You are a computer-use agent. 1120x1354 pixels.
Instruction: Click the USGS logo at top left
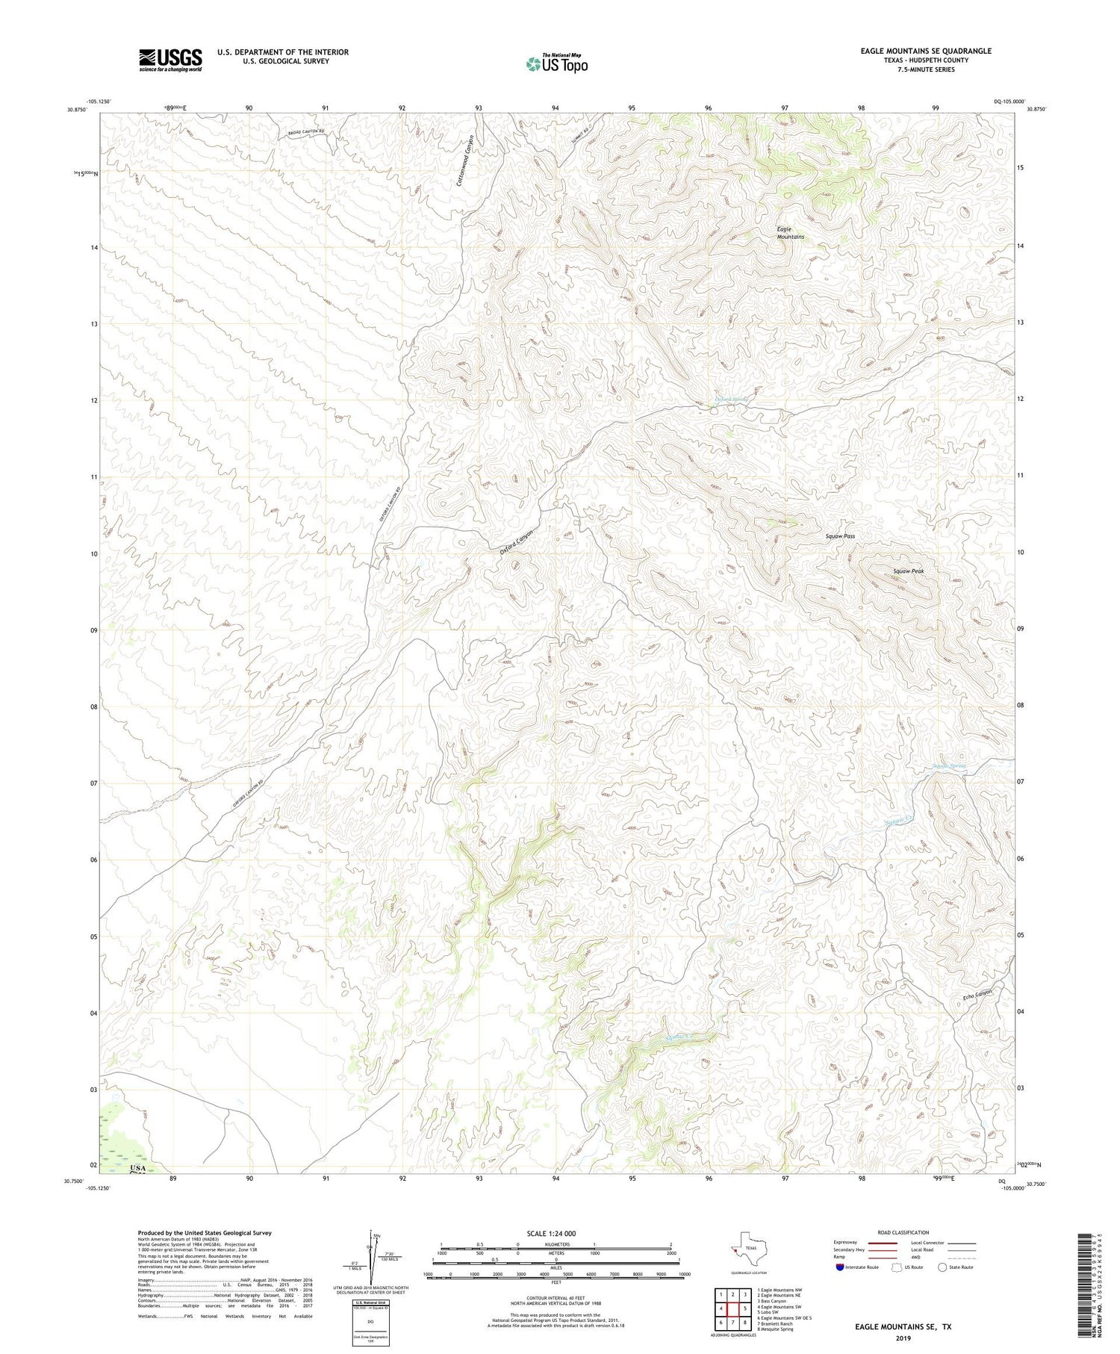pyautogui.click(x=169, y=60)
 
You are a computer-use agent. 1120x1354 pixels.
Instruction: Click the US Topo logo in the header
pyautogui.click(x=556, y=63)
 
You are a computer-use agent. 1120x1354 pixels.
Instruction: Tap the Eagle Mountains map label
pyautogui.click(x=790, y=232)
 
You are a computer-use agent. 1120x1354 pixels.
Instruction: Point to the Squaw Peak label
pyautogui.click(x=908, y=571)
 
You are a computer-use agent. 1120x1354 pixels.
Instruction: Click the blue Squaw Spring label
pyautogui.click(x=949, y=766)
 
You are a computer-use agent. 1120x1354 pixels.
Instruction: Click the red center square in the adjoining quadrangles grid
pyautogui.click(x=733, y=1308)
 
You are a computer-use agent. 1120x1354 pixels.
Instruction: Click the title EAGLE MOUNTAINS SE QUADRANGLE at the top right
pyautogui.click(x=925, y=51)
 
